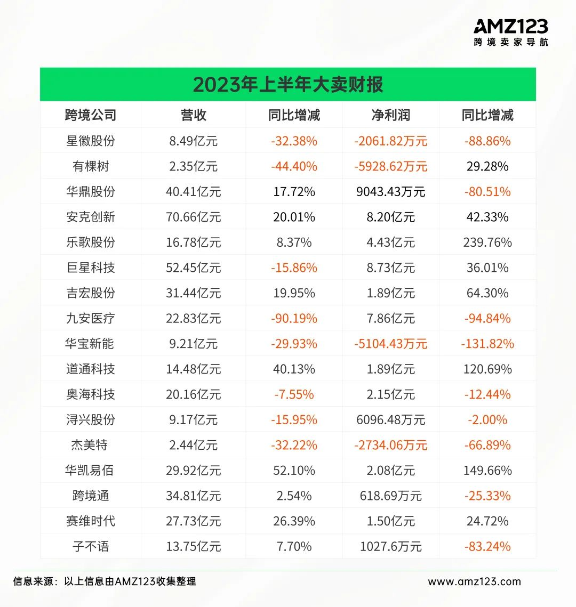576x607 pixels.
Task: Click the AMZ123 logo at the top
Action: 510,32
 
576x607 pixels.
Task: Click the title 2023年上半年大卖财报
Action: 288,85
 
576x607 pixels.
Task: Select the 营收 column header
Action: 193,115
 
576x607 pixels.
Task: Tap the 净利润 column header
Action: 390,115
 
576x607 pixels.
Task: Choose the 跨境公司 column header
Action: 90,115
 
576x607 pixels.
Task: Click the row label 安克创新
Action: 90,217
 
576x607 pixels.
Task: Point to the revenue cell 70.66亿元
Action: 193,217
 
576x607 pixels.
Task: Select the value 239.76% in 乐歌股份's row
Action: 487,242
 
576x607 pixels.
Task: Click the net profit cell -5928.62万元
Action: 390,166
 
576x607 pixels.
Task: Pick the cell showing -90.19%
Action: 294,319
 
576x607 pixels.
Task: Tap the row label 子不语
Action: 90,547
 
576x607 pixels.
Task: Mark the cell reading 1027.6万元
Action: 390,547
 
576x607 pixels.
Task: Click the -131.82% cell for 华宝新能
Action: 487,344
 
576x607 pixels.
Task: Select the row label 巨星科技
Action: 90,268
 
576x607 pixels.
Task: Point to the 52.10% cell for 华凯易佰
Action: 294,471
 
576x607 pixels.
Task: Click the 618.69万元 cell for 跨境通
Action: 390,496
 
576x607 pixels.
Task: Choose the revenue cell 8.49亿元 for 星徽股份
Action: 193,141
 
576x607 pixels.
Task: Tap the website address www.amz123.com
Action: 474,581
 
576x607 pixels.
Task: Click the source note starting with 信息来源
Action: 105,581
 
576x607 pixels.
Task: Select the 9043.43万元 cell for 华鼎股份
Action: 390,192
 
